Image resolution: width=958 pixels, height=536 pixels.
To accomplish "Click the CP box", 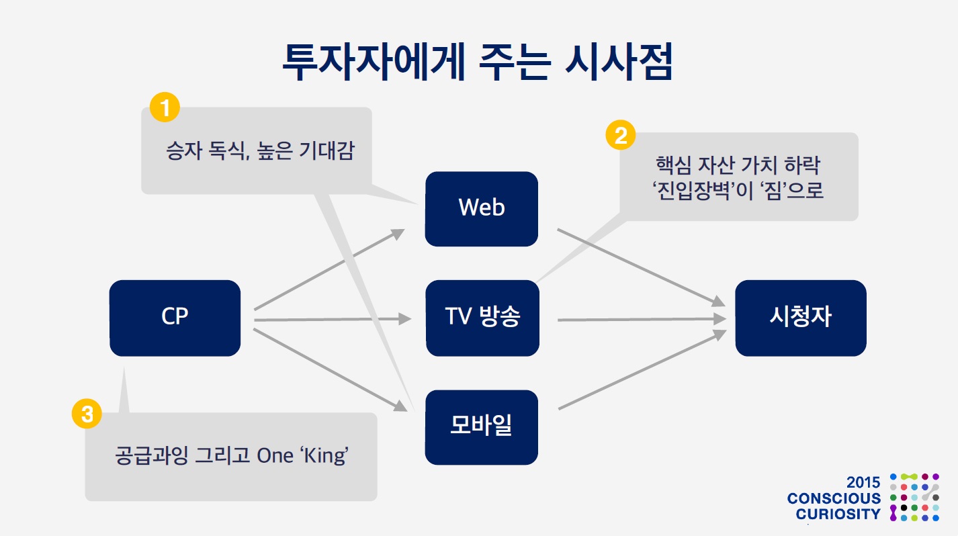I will coord(175,318).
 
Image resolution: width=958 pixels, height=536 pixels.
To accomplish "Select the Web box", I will coord(481,208).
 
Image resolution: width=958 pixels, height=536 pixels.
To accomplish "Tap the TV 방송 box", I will coord(482,318).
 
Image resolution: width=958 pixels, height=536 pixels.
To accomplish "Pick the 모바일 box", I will coord(481,427).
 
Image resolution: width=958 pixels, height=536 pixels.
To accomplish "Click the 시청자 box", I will coord(800,318).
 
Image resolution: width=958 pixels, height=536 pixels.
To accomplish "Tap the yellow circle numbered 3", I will coord(87,414).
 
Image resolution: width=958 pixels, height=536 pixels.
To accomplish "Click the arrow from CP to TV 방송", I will coord(333,320).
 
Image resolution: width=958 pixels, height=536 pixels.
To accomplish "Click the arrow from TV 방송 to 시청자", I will coord(642,320).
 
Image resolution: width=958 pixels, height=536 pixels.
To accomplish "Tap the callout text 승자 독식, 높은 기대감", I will coord(259,151).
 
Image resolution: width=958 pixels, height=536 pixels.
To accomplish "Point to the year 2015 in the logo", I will coord(863,482).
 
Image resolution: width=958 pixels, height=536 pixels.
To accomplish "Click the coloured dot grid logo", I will coord(914,497).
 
